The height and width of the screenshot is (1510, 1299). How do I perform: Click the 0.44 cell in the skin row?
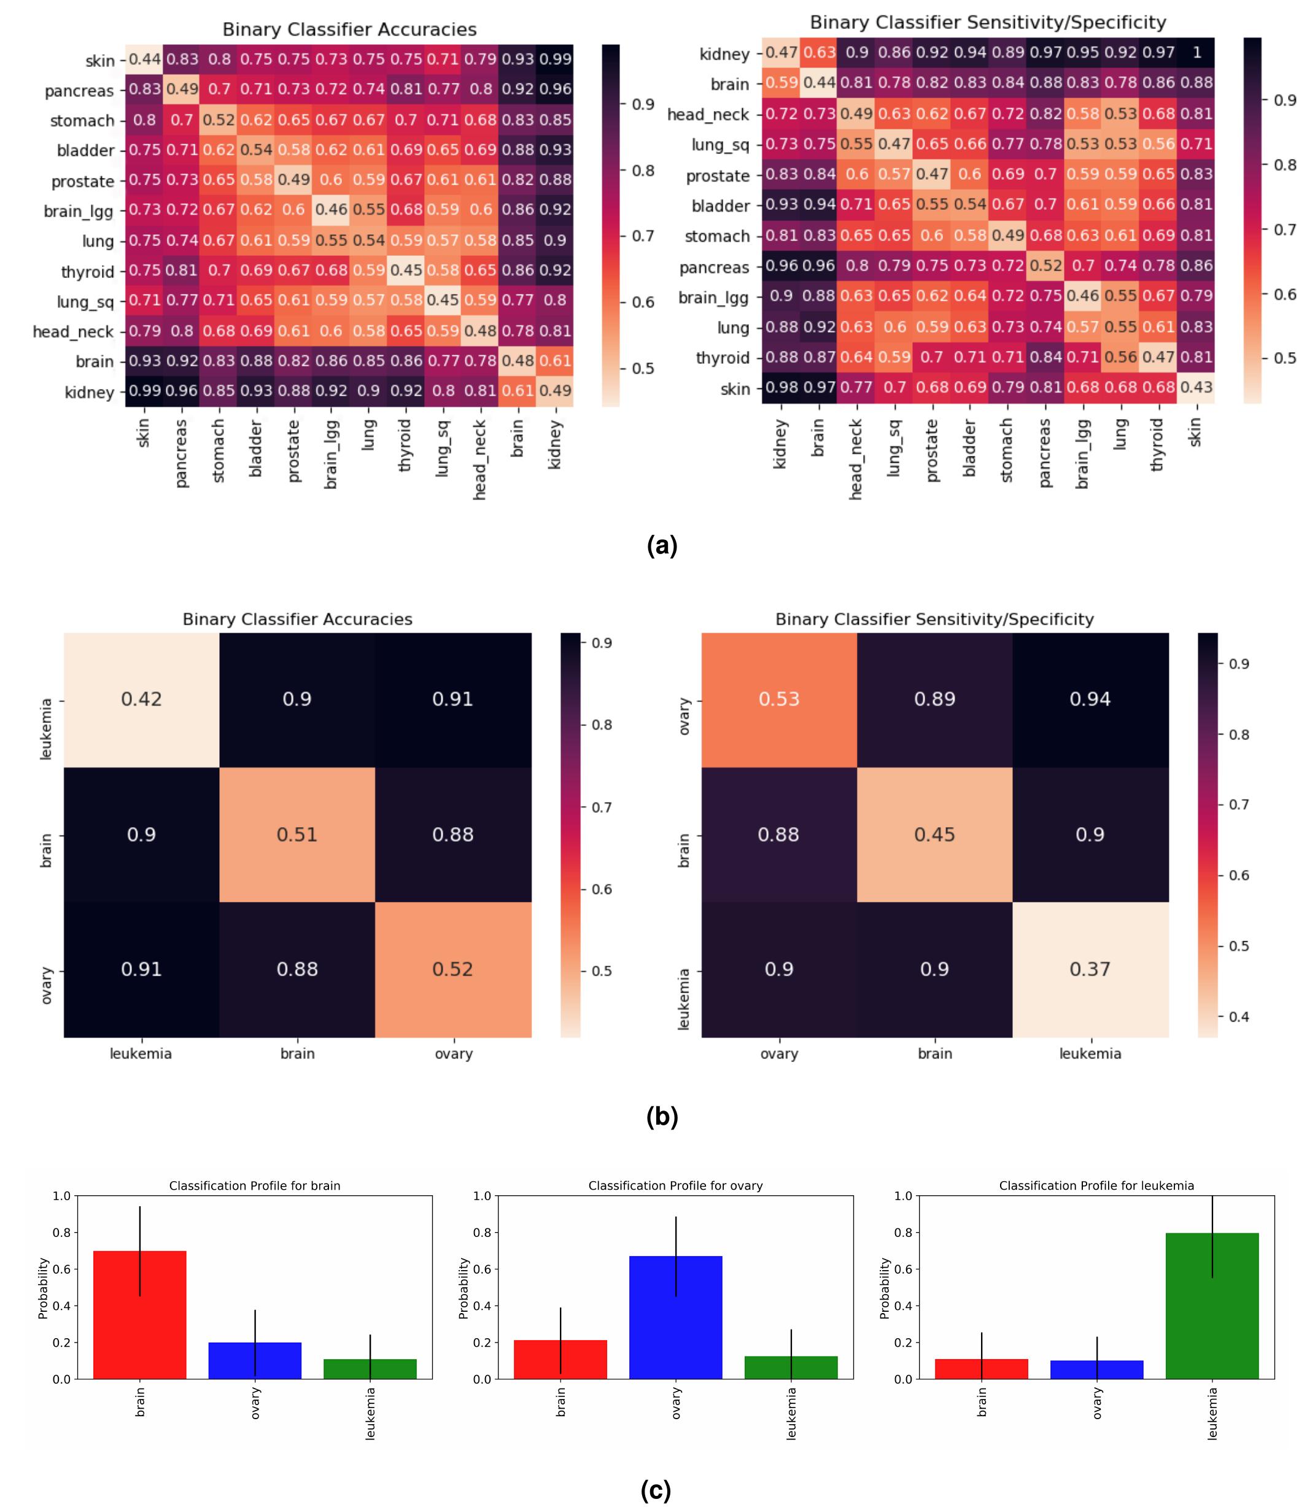pyautogui.click(x=144, y=59)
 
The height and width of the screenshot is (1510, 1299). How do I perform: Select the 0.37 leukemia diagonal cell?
pyautogui.click(x=1090, y=969)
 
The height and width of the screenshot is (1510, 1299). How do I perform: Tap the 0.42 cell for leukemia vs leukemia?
pyautogui.click(x=141, y=699)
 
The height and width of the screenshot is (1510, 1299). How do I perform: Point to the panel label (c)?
pyautogui.click(x=655, y=1490)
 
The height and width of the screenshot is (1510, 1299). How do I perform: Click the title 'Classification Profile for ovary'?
pyautogui.click(x=675, y=1185)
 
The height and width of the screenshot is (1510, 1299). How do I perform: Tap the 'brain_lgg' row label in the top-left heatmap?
pyautogui.click(x=78, y=211)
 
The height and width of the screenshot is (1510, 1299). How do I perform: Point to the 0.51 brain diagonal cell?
pyautogui.click(x=297, y=834)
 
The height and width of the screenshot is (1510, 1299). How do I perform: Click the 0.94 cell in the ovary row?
pyautogui.click(x=1090, y=699)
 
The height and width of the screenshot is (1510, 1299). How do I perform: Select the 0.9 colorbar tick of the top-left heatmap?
pyautogui.click(x=643, y=104)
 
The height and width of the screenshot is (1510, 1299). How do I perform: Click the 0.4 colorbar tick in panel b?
pyautogui.click(x=1238, y=1017)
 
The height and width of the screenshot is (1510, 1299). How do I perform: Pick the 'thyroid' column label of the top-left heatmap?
pyautogui.click(x=405, y=446)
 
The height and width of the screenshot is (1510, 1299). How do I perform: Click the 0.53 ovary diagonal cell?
pyautogui.click(x=778, y=699)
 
